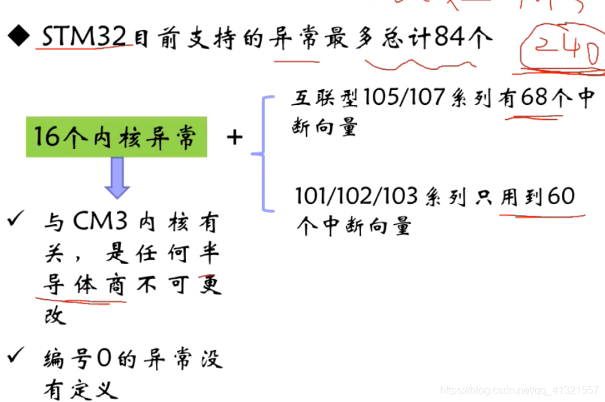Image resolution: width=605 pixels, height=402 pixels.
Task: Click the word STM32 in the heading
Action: point(83,38)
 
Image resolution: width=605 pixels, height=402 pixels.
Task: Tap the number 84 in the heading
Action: point(450,38)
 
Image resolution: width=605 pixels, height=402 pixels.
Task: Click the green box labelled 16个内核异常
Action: point(117,138)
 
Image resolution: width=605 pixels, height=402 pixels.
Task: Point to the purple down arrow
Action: point(117,178)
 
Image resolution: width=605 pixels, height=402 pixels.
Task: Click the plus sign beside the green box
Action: point(234,137)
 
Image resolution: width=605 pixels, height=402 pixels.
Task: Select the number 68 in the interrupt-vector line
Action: point(534,98)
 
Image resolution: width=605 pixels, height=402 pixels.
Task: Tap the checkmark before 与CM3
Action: point(16,222)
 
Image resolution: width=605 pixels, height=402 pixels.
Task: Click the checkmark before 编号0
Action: point(16,358)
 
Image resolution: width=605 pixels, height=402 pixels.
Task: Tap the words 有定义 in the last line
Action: point(81,390)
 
